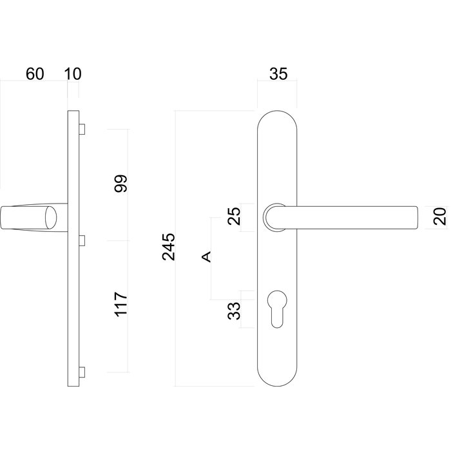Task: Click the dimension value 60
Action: tap(35, 73)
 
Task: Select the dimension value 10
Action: tap(73, 73)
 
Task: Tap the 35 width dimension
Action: tap(278, 73)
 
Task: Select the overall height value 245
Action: tap(169, 247)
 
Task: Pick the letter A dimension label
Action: tap(206, 257)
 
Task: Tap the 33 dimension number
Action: tap(235, 312)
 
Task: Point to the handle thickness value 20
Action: tap(440, 216)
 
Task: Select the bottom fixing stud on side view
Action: tap(81, 372)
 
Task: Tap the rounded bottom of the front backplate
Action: tap(277, 377)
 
